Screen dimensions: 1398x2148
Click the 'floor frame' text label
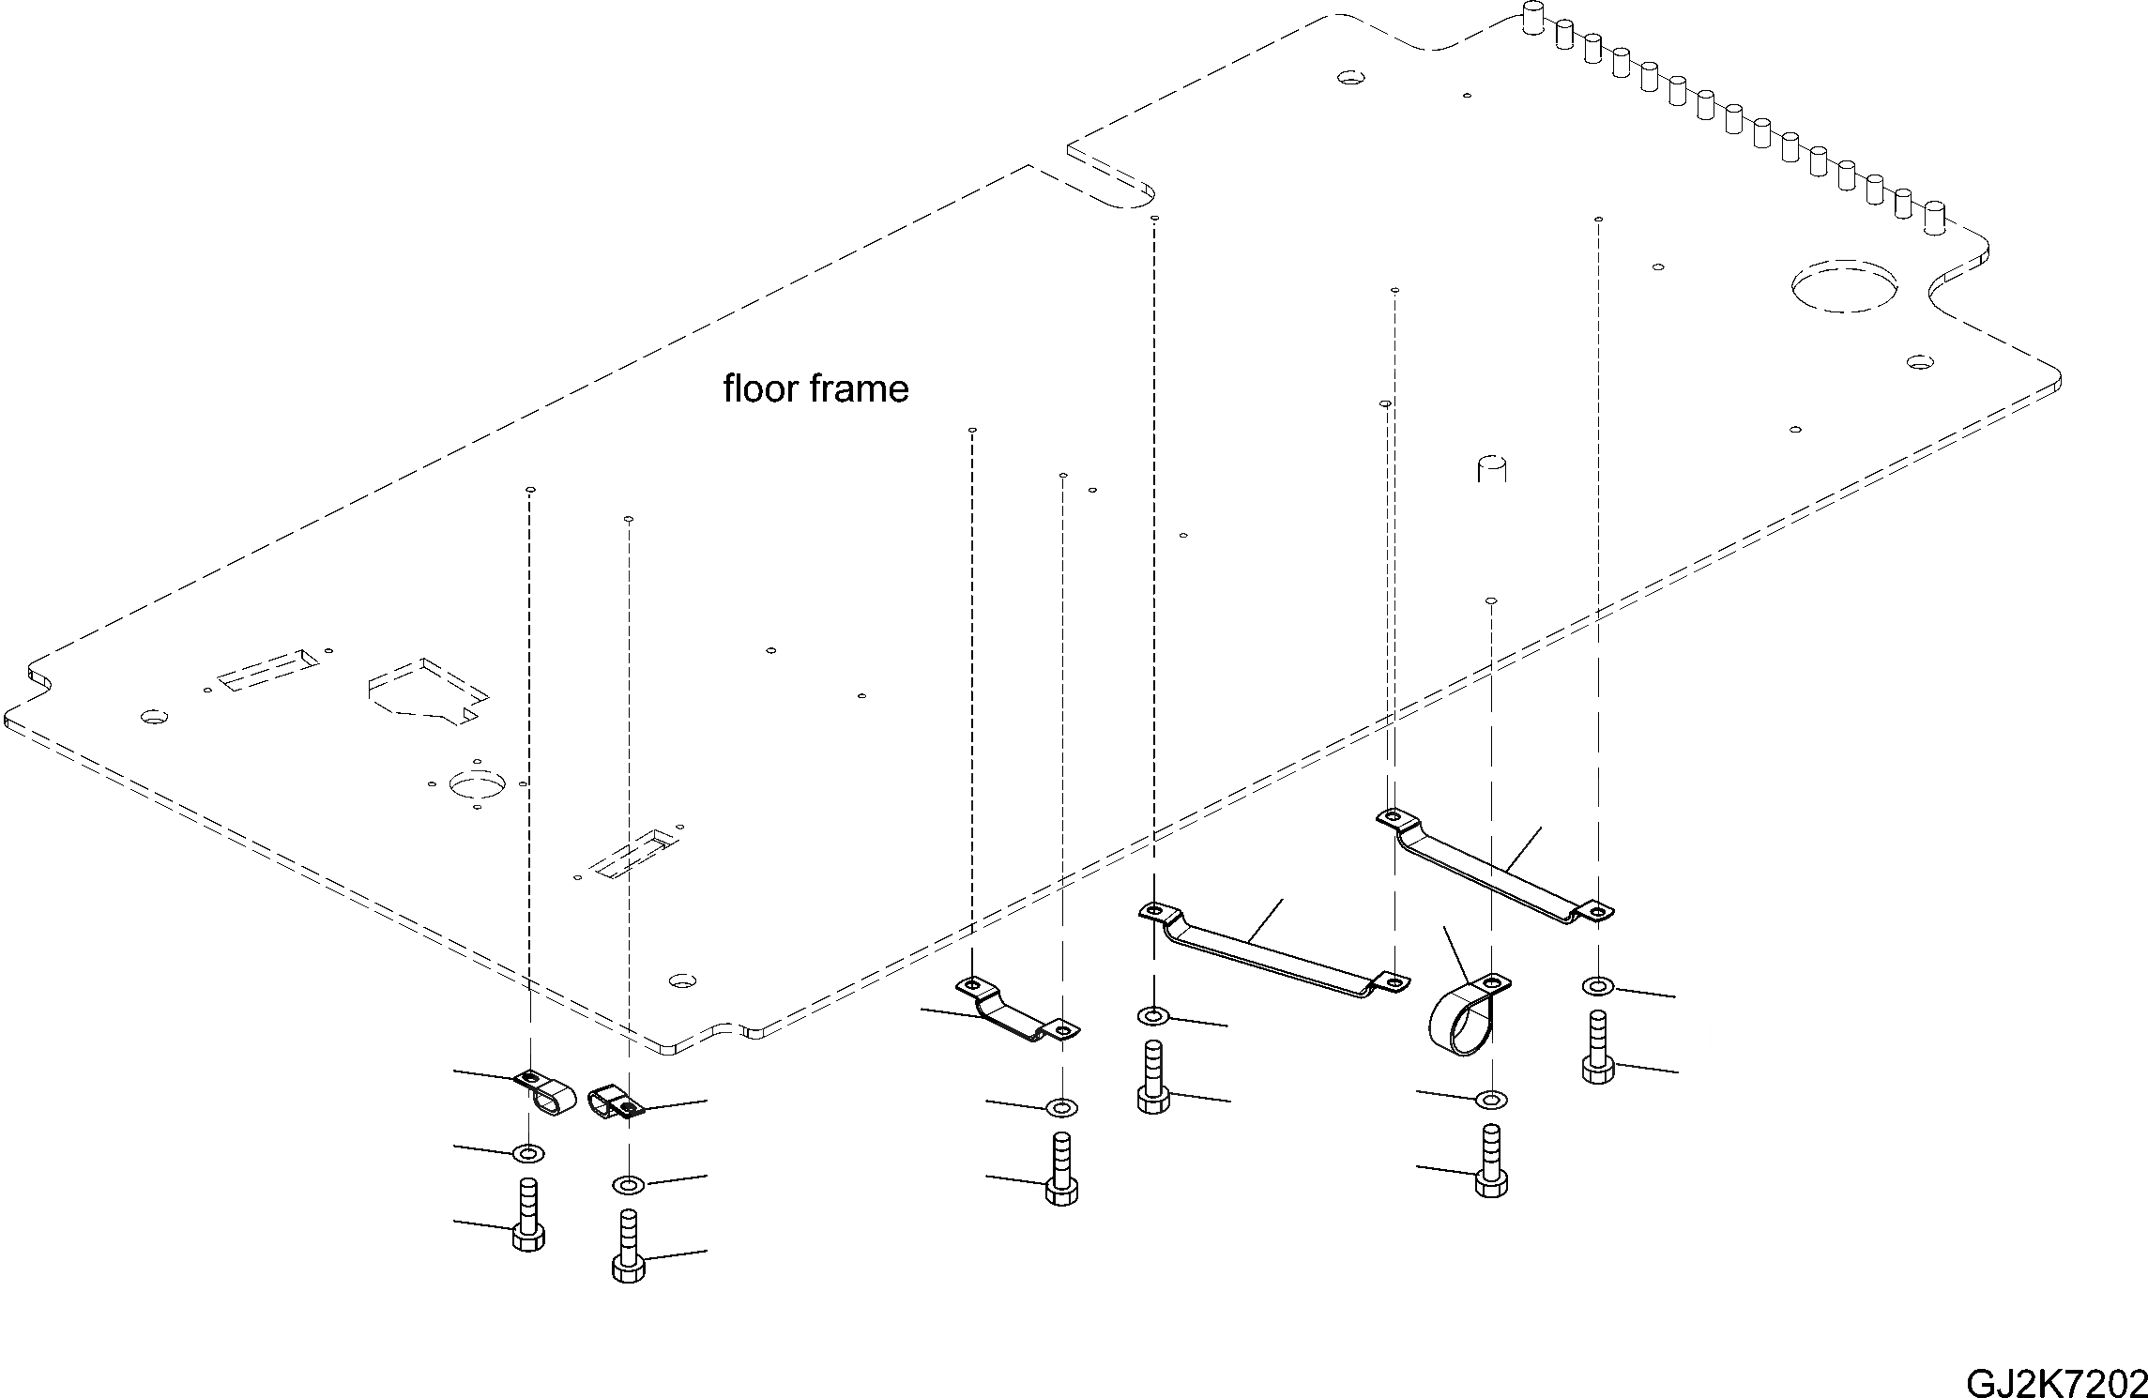coord(815,388)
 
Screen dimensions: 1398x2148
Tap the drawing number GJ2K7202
coord(2056,1381)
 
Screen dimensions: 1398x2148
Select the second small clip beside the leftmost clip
coord(614,1103)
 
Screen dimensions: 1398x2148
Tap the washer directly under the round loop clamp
coord(1491,1099)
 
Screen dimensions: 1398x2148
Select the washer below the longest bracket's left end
coord(1152,1016)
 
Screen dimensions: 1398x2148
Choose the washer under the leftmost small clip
coord(529,1152)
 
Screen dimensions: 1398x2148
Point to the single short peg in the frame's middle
coord(1491,468)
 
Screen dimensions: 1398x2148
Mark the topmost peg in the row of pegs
coord(1532,18)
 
